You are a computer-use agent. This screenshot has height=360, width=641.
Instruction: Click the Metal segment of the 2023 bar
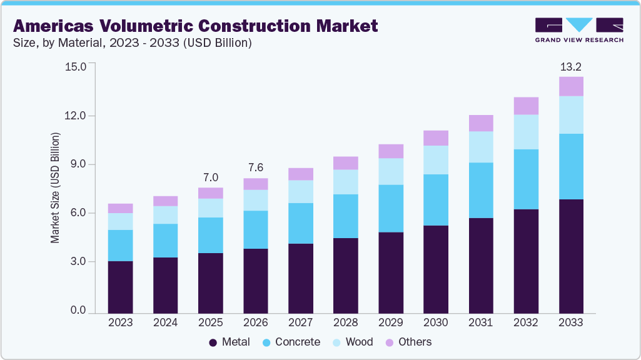tap(120, 287)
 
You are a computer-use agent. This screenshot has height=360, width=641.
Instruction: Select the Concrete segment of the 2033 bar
tap(571, 166)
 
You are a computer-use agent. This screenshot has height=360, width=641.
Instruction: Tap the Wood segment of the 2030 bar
tap(436, 160)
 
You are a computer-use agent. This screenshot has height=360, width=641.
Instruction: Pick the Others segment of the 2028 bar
tap(346, 163)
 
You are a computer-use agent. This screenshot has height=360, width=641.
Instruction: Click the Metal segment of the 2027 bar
tap(301, 278)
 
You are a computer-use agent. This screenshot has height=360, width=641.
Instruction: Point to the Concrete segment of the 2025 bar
tap(210, 235)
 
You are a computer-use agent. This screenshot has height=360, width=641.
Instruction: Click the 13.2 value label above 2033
tap(571, 66)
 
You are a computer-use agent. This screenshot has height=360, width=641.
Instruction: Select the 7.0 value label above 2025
tap(210, 177)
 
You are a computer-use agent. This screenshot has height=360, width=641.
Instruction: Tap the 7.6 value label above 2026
tap(255, 168)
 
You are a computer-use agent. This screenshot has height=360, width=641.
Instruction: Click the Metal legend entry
tap(230, 342)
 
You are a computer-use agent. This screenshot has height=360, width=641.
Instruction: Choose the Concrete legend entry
tap(291, 342)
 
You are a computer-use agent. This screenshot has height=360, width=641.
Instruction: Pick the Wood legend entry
tap(351, 342)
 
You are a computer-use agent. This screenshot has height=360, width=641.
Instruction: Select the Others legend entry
tap(408, 342)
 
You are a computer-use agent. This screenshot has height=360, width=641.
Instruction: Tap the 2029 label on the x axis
tap(391, 322)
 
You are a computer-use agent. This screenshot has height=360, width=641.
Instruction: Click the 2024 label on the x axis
tap(165, 322)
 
